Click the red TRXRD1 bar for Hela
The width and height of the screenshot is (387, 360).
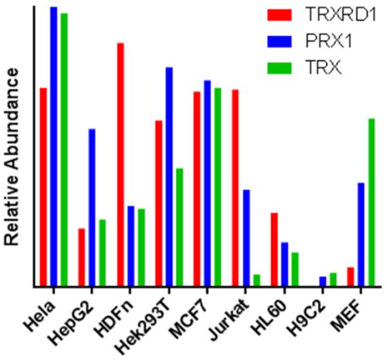(43, 187)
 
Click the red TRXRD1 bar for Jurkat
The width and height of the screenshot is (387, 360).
(235, 188)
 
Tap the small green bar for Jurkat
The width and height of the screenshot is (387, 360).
(257, 281)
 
